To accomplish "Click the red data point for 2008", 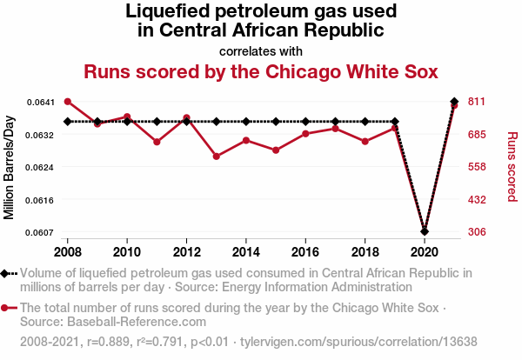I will (x=68, y=102).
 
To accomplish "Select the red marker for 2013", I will (x=217, y=157).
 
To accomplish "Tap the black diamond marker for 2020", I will (x=425, y=231).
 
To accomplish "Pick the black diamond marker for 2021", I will (x=454, y=102).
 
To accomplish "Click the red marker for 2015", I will (x=276, y=150).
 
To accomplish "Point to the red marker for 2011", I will (x=157, y=142).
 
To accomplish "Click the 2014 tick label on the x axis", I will (x=246, y=252).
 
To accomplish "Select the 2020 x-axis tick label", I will (x=425, y=252).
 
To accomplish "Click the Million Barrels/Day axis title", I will (x=10, y=167).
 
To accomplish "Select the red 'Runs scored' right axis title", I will (x=512, y=167).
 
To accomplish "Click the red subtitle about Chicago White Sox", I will (x=261, y=70).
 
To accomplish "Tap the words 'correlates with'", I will (x=261, y=50).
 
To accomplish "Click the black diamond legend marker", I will (x=7, y=273).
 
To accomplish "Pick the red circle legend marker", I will (x=7, y=308).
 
